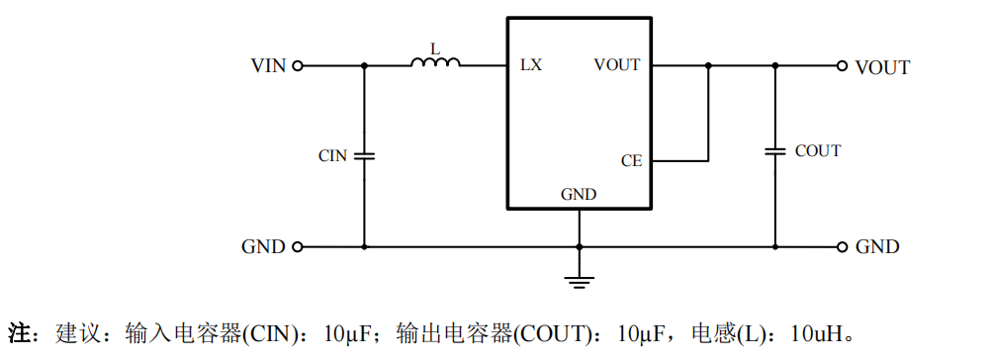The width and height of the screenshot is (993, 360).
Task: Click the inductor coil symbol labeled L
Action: [x=436, y=62]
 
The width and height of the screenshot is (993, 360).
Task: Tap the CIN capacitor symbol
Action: [x=364, y=155]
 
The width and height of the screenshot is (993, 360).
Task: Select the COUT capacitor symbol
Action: [x=775, y=151]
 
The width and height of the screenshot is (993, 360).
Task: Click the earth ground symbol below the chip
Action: [x=579, y=282]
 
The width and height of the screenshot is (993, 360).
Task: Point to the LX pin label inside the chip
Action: [x=531, y=64]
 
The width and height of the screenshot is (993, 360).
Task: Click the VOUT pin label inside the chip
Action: [x=617, y=64]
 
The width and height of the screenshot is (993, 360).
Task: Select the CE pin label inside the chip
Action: [x=631, y=161]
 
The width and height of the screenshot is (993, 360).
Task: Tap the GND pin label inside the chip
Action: [x=579, y=195]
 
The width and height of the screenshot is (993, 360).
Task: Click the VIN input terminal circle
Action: [x=297, y=65]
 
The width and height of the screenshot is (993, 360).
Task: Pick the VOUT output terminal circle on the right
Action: [x=842, y=65]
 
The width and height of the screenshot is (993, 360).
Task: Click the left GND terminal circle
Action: [x=297, y=246]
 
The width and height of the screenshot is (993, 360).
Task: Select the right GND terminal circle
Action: [x=842, y=246]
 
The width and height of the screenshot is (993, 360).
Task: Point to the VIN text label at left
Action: [x=268, y=66]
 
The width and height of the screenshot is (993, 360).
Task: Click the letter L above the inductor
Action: [x=434, y=48]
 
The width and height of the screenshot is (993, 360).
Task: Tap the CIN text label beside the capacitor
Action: [x=332, y=156]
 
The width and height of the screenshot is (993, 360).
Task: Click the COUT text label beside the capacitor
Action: [x=818, y=151]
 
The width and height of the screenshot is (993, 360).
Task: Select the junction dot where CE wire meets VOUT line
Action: [x=708, y=65]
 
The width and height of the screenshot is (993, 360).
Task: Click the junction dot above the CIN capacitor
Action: [x=364, y=65]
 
